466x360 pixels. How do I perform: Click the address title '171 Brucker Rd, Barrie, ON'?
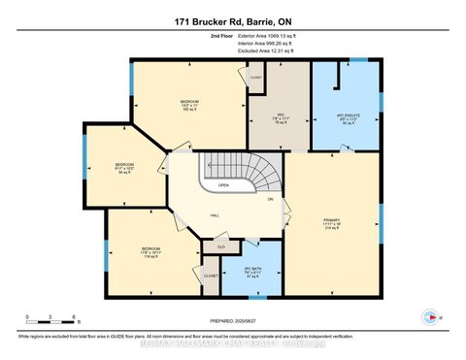(232, 20)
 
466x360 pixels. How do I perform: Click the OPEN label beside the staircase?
(222, 184)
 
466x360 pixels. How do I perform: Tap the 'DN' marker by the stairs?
(272, 200)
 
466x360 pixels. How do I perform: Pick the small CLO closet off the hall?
(221, 247)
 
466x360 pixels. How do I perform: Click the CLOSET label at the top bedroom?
(256, 77)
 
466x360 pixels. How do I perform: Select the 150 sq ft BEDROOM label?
(189, 104)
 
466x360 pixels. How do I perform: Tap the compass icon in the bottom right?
(427, 315)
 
